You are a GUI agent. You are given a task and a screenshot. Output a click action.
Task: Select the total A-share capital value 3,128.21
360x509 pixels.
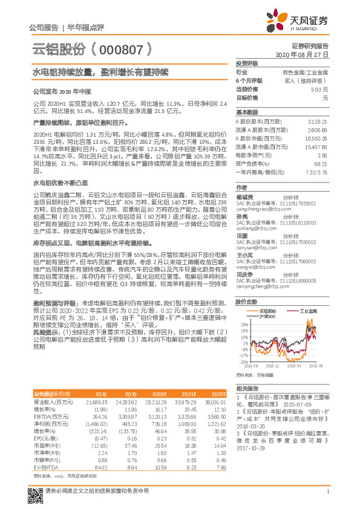[x=317, y=121]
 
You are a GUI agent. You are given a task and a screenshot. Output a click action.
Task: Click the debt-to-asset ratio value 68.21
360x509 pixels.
[x=321, y=163]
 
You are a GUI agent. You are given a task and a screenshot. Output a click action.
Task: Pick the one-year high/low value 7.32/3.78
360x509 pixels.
[x=316, y=172]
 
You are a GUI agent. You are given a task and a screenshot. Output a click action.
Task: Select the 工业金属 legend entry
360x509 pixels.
[x=309, y=310]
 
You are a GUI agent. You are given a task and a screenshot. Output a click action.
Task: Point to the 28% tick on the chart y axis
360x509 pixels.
[x=244, y=325]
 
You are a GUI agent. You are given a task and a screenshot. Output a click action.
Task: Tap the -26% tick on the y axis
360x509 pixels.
[x=244, y=361]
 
